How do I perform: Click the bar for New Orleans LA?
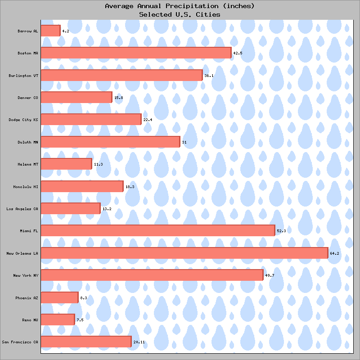(184, 253)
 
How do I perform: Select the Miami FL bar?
(158, 230)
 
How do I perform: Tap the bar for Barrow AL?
(50, 31)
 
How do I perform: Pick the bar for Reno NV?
(58, 319)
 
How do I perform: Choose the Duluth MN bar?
(110, 142)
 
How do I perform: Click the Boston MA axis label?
(28, 53)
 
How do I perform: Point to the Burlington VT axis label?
(23, 75)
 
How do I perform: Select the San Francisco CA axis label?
(20, 342)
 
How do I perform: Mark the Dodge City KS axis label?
(23, 120)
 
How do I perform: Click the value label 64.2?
(334, 253)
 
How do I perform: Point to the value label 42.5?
(238, 53)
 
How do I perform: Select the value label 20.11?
(139, 342)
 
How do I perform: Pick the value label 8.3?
(84, 297)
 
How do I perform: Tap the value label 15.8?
(118, 98)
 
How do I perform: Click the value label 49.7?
(270, 275)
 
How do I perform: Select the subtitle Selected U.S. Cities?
(180, 14)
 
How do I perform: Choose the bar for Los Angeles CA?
(71, 208)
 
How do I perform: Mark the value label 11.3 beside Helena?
(98, 164)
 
